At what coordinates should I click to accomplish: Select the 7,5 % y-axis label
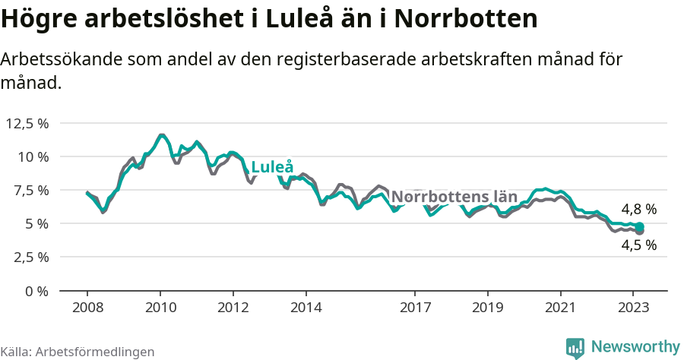coord(30,190)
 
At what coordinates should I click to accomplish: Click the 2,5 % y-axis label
coord(30,257)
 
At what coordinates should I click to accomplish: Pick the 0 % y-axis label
coord(37,290)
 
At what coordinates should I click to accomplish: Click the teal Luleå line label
coord(272,167)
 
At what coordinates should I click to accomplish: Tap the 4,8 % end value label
coord(638,209)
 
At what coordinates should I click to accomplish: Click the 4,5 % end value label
coord(638,245)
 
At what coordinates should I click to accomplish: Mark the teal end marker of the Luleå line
coord(640,226)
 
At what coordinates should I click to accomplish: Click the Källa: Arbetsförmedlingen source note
coord(78,352)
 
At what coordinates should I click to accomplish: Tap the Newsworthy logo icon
coord(575,347)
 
